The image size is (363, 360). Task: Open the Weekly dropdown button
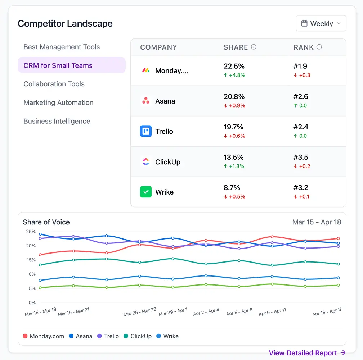coord(321,23)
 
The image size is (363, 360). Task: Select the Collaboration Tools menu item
coord(54,84)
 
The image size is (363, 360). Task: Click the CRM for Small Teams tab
coord(58,65)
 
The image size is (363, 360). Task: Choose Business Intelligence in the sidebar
coord(57,121)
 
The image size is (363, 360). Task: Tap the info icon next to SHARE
coord(254,47)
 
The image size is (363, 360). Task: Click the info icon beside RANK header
coord(319,47)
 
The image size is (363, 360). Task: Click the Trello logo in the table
coord(146,131)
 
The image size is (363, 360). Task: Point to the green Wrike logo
coord(146,192)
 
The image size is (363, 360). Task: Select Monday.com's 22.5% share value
coord(234,66)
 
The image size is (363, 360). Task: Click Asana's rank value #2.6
coord(301,96)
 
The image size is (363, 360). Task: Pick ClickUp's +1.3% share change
coord(234,166)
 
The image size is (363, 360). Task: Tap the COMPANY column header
coord(158,47)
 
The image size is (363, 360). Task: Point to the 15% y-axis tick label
coord(31,260)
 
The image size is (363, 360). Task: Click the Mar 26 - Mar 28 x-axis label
coord(140,311)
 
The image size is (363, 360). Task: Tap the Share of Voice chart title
coord(46,222)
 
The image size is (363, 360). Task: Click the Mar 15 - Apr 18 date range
coord(317,222)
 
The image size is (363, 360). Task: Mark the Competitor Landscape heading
coord(65,24)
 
